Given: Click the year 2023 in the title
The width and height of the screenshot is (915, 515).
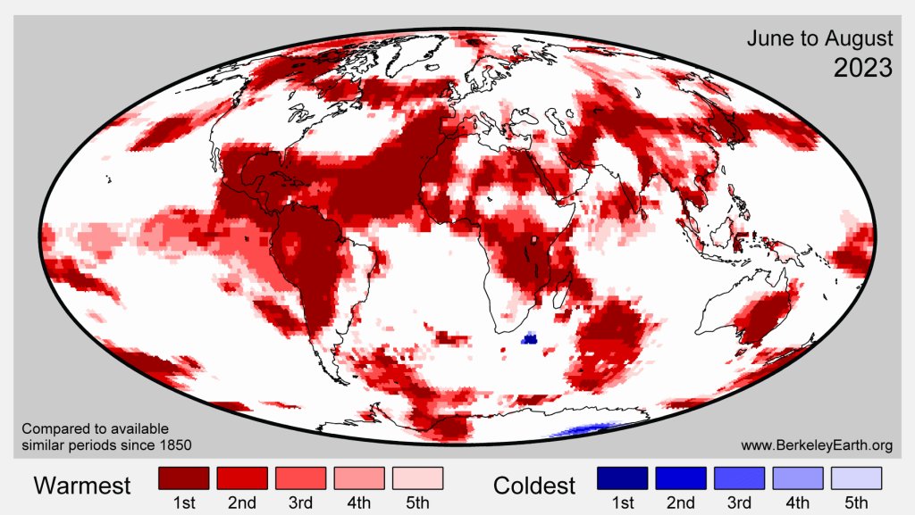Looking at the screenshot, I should click(x=862, y=67).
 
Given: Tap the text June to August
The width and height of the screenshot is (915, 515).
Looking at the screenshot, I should click(x=819, y=38).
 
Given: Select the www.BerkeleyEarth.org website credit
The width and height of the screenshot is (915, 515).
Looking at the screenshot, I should click(x=817, y=444).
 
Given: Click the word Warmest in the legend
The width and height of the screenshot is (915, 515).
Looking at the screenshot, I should click(x=82, y=486).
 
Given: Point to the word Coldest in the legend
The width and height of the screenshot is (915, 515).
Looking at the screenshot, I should click(x=534, y=486).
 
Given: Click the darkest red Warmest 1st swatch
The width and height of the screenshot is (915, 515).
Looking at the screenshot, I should click(x=183, y=478).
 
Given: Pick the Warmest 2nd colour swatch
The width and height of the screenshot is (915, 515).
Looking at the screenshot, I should click(x=242, y=478).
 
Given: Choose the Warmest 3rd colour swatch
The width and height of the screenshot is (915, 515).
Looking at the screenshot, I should click(x=300, y=478).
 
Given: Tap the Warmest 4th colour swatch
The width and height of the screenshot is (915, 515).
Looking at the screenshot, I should click(x=359, y=478).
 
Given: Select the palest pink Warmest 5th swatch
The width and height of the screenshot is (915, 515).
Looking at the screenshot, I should click(x=417, y=478).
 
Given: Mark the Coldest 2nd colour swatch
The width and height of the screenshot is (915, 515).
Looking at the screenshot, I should click(x=680, y=478).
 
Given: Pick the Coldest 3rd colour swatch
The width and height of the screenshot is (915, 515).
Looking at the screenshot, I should click(x=738, y=478).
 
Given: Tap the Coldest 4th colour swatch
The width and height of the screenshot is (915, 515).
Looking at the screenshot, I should click(x=797, y=478).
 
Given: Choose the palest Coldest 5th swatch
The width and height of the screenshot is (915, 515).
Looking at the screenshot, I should click(x=855, y=478).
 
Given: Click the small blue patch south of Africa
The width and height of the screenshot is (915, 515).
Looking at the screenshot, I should click(x=528, y=338).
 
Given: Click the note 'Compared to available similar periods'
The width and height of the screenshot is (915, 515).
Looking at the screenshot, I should click(x=95, y=428).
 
